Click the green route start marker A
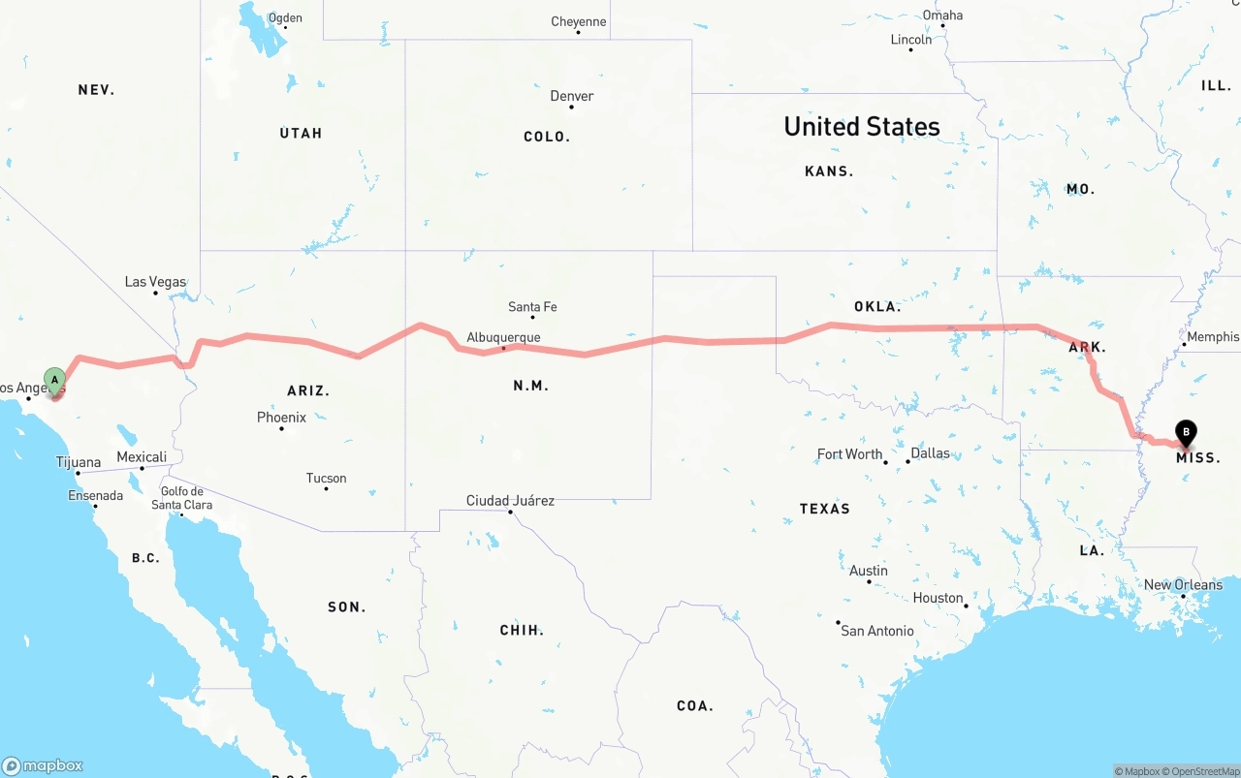(x=55, y=379)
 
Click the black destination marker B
(x=1185, y=432)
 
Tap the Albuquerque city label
(x=503, y=337)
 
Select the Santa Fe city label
(x=532, y=307)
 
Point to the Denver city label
(x=572, y=96)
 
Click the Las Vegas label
(x=155, y=282)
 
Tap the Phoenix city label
(x=281, y=418)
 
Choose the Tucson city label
(x=326, y=478)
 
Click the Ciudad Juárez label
(x=510, y=501)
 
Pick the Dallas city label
(x=931, y=453)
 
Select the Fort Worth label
(x=849, y=454)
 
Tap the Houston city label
(x=938, y=598)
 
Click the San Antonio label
(x=876, y=631)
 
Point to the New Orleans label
(x=1183, y=585)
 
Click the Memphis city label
(x=1212, y=337)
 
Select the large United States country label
(x=861, y=127)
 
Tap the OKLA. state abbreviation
(x=876, y=307)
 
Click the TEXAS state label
(x=824, y=509)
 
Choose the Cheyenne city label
(x=578, y=21)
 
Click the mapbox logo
(x=43, y=765)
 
